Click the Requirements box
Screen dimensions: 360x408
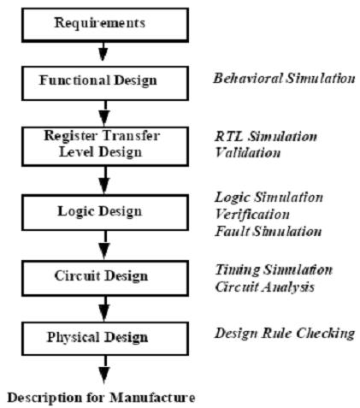(105, 25)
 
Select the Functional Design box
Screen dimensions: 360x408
(105, 83)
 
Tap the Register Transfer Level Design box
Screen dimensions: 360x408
(105, 146)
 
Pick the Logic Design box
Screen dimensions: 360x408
(105, 212)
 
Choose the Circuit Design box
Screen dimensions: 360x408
(105, 278)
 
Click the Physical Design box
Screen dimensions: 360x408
(105, 339)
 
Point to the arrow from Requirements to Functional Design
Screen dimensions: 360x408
(103, 51)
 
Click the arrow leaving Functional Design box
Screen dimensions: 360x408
(104, 114)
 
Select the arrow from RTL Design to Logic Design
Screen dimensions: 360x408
(104, 180)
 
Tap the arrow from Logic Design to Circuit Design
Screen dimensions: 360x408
(104, 245)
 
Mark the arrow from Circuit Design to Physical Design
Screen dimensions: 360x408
(104, 309)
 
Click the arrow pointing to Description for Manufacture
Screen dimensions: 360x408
(104, 370)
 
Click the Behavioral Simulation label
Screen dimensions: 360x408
(284, 79)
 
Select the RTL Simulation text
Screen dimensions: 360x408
(266, 136)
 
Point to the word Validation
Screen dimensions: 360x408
(248, 152)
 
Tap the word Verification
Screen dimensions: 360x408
(252, 215)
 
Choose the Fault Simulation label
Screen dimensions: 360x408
(269, 231)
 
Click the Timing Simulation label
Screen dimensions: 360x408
(274, 270)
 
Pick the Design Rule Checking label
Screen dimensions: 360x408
(285, 334)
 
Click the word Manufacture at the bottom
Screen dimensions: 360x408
(152, 398)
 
